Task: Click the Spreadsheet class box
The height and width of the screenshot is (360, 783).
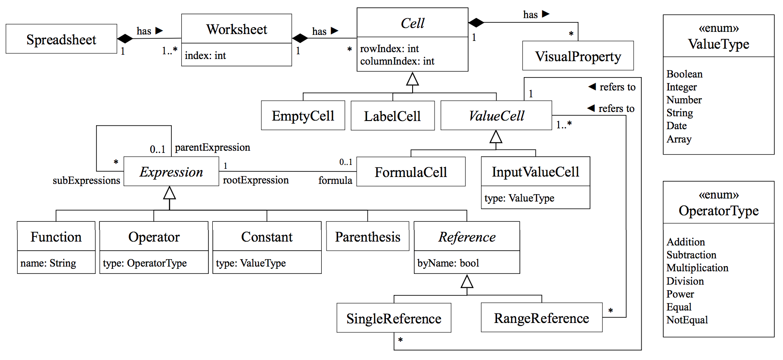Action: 61,39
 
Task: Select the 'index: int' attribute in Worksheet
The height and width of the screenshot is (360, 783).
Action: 205,56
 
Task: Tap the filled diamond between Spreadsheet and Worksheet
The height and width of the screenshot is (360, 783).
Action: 125,39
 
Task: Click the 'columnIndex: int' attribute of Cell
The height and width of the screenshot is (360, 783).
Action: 397,61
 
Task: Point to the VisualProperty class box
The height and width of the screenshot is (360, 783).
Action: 578,56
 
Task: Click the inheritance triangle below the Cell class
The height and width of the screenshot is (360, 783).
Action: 412,79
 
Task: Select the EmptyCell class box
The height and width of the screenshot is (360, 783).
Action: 303,115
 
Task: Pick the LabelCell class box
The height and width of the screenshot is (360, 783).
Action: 392,116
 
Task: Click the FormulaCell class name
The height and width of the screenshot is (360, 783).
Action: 410,172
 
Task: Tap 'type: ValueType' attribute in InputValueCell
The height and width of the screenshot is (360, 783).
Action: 519,198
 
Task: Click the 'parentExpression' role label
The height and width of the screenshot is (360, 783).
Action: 212,147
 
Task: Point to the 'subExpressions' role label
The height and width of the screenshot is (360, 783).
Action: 86,180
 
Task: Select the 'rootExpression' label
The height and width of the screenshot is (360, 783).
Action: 255,180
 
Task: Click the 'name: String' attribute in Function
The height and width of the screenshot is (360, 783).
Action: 48,263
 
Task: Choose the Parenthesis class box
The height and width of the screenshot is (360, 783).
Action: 367,236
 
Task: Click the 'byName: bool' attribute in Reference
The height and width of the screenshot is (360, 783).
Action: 448,263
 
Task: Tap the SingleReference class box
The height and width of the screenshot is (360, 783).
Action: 394,318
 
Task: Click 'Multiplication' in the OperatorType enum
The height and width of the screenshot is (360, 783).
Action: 697,268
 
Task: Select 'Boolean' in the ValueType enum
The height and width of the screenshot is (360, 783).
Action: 684,74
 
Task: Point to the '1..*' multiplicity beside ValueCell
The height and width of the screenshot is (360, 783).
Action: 563,125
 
